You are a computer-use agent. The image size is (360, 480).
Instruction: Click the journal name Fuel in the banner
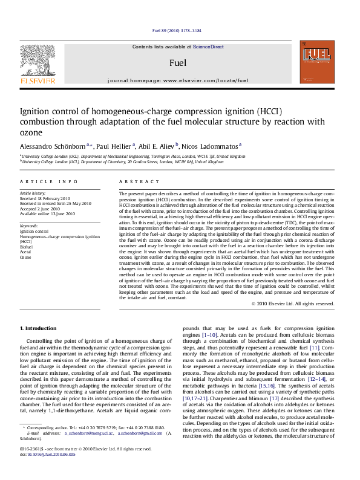point(178,63)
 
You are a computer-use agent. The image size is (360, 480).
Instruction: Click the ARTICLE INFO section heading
point(49,182)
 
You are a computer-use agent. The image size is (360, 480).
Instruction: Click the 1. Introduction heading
point(39,328)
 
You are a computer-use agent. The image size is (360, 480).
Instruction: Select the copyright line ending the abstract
point(292,303)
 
